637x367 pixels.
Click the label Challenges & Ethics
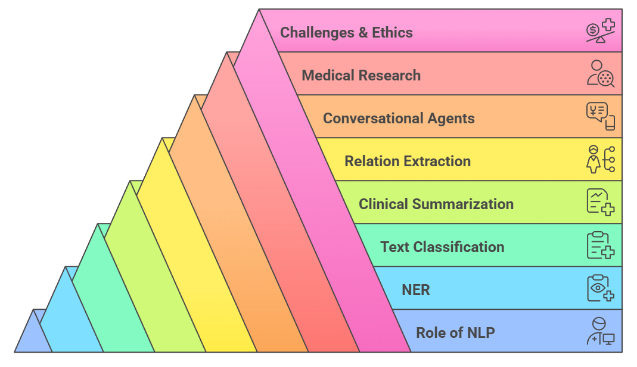point(346,32)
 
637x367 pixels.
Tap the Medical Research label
point(361,76)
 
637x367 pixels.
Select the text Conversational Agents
point(399,118)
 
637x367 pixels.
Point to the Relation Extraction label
point(408,161)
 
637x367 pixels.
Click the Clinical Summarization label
point(436,204)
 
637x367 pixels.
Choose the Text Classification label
point(442,247)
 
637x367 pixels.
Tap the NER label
point(416,290)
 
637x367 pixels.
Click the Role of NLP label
point(455,332)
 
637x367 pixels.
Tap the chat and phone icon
point(600,117)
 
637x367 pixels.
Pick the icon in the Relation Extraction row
point(600,160)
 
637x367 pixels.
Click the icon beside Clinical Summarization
point(600,203)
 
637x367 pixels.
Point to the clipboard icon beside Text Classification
point(600,245)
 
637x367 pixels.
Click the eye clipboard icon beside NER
point(600,288)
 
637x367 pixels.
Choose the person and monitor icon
point(600,331)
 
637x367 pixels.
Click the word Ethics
point(392,32)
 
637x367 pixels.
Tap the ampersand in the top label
point(363,32)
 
